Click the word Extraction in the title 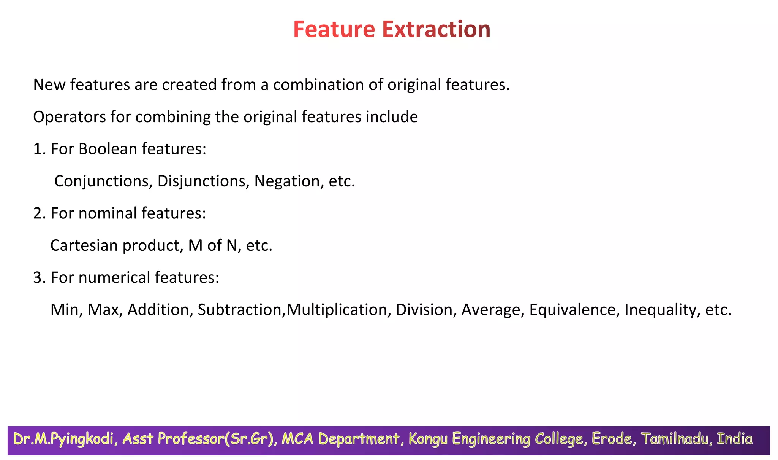436,29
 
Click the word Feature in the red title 334,29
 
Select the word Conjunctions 103,181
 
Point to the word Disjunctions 203,181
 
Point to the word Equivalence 572,310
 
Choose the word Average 493,310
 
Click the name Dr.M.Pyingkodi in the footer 63,439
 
